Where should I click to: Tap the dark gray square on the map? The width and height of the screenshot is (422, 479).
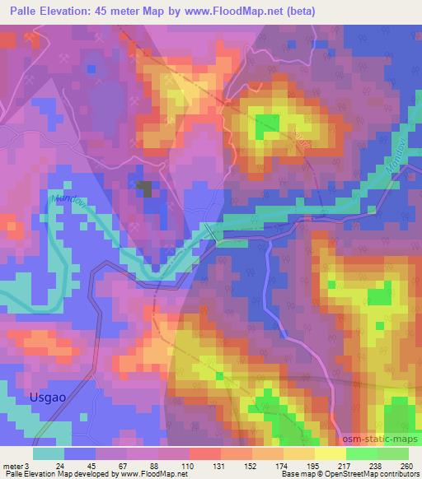pos(144,188)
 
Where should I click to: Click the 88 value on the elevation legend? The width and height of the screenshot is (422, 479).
pos(155,465)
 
